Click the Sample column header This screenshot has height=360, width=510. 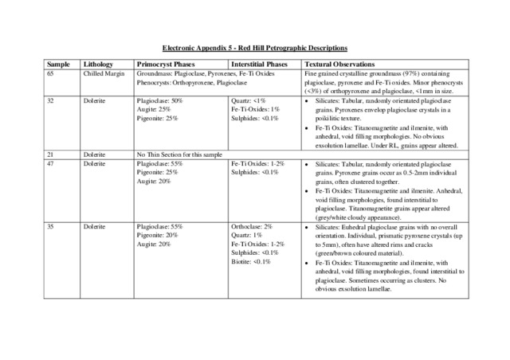click(x=57, y=63)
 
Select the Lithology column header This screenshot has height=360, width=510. click(x=100, y=63)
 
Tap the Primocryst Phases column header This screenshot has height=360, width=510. click(x=166, y=63)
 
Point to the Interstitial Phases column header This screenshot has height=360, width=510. click(x=259, y=63)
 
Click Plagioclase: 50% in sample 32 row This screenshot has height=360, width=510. click(x=160, y=101)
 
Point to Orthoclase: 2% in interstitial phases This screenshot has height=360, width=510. click(x=251, y=227)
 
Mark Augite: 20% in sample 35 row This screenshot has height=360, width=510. click(x=154, y=245)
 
